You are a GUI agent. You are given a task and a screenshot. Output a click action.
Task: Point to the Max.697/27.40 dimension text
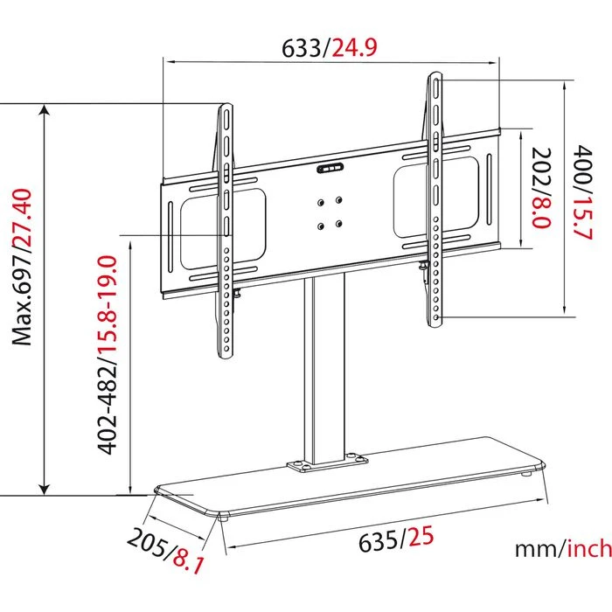point(19,267)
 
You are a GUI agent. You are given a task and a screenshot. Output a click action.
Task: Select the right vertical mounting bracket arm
point(435,201)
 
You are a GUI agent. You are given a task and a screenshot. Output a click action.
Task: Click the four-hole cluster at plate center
point(329,212)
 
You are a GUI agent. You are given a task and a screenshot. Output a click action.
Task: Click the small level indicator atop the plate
point(330,167)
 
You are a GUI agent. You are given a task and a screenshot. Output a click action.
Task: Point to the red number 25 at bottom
point(420,537)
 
